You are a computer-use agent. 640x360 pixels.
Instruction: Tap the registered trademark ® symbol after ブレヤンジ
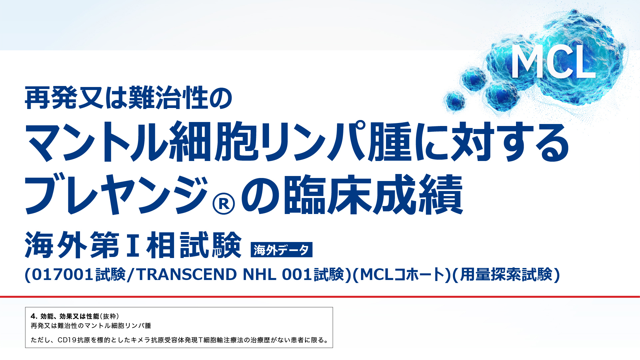click(x=223, y=204)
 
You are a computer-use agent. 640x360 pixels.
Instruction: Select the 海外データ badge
click(x=281, y=250)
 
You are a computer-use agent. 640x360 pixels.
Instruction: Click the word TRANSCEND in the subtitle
click(x=187, y=275)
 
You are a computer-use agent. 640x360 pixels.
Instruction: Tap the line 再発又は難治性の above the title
click(x=128, y=98)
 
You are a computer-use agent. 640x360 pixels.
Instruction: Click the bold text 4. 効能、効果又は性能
click(x=65, y=316)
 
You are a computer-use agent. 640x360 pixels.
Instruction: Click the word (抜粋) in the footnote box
click(x=110, y=316)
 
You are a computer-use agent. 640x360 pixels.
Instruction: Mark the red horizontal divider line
click(x=320, y=296)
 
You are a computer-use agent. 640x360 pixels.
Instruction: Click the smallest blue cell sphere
click(x=455, y=100)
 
